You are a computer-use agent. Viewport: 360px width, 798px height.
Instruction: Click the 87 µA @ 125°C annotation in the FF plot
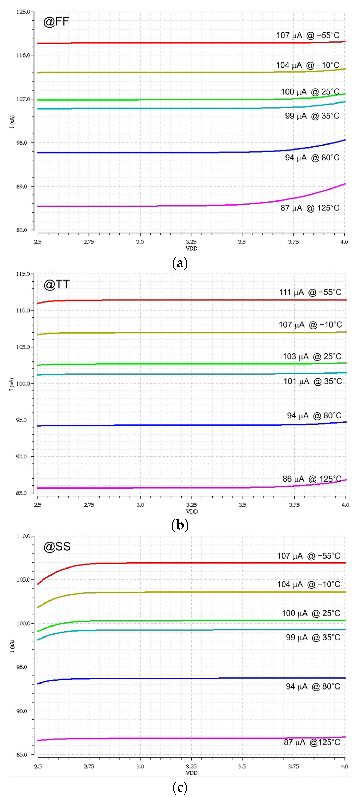310,208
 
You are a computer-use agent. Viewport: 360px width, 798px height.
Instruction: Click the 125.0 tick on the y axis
23,12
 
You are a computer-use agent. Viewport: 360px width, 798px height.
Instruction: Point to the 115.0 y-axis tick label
23,274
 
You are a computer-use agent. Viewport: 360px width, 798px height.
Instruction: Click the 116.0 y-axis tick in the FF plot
23,55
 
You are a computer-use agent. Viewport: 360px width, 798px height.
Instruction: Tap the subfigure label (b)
180,525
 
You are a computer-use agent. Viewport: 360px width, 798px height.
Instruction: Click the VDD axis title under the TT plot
192,512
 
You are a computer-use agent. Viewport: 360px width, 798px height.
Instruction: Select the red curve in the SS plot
186,563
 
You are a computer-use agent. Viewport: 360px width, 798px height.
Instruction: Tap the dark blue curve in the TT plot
186,425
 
